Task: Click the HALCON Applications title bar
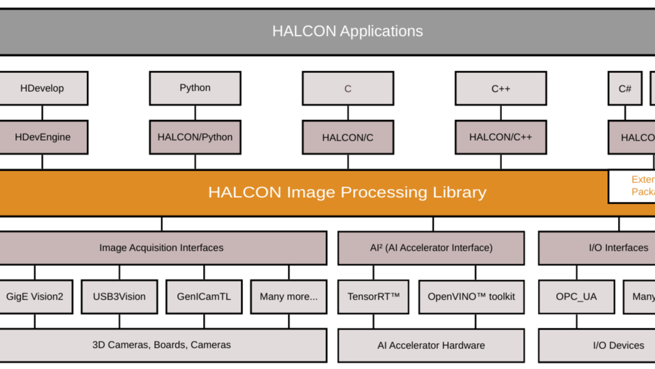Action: pos(347,31)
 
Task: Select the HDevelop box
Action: pos(42,88)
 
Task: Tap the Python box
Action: pos(195,88)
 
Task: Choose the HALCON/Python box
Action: pos(195,137)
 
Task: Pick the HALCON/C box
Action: pos(348,137)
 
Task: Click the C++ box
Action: pos(500,88)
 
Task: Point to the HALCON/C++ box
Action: pos(500,137)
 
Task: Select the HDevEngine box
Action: pos(42,137)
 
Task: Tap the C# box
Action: pos(625,88)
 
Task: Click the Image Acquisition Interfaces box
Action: pos(161,248)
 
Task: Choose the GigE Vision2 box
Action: pos(35,297)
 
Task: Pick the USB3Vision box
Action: pos(119,297)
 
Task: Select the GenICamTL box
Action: pos(204,297)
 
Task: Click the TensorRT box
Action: pos(373,297)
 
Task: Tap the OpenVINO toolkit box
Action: pos(471,297)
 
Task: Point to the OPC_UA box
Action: pos(576,297)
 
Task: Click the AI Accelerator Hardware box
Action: pos(431,345)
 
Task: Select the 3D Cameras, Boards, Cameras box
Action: pos(161,345)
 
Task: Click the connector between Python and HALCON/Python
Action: pos(195,113)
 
